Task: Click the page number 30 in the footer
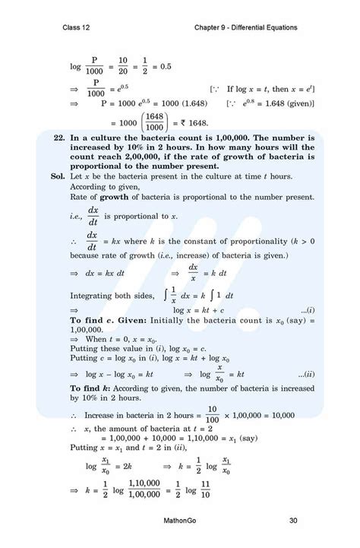point(293,521)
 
